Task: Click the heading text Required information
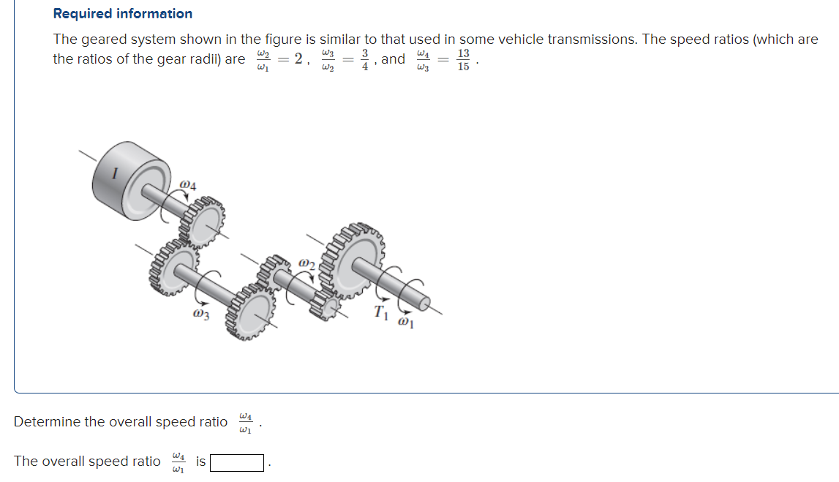tap(123, 14)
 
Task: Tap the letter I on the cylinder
tap(114, 173)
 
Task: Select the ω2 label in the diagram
tap(307, 263)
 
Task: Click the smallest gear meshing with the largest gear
tap(326, 302)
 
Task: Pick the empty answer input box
tap(238, 462)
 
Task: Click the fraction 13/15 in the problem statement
tap(463, 60)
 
